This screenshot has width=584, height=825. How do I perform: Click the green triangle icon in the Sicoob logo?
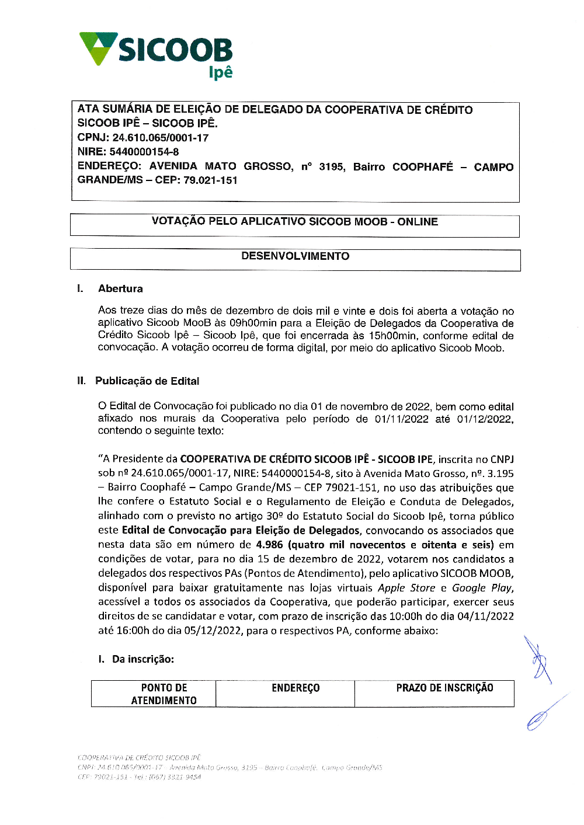[x=98, y=48]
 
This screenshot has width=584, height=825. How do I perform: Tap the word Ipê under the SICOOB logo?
[x=221, y=72]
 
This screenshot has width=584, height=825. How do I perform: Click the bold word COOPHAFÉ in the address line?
[x=422, y=167]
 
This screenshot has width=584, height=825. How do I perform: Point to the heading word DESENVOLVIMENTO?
[x=295, y=256]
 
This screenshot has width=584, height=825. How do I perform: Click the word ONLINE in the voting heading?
[x=418, y=222]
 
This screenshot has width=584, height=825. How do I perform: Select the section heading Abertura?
[x=120, y=288]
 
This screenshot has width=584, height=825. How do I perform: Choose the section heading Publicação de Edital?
[x=147, y=381]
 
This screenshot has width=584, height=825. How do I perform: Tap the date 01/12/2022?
[x=484, y=419]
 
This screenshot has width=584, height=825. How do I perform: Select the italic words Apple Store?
[x=406, y=588]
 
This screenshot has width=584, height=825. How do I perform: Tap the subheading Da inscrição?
[x=142, y=659]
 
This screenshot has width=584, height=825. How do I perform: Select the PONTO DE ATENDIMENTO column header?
[x=164, y=694]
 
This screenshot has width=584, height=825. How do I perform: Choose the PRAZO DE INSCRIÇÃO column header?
[x=444, y=688]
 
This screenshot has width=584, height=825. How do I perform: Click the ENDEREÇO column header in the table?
[x=296, y=688]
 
